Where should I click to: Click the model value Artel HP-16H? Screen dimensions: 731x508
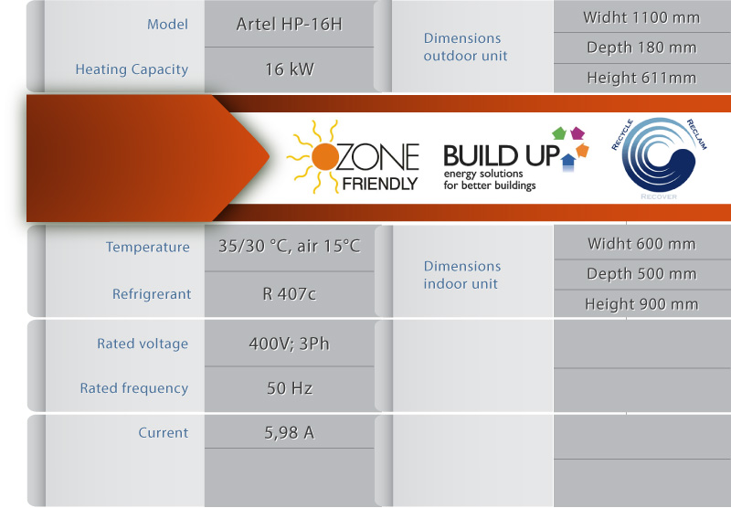click(x=289, y=25)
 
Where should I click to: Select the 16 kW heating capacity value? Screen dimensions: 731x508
click(x=290, y=69)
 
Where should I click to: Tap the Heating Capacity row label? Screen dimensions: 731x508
click(x=132, y=69)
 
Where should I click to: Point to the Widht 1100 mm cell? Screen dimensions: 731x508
click(x=641, y=17)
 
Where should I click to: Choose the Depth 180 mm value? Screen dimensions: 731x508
click(x=641, y=48)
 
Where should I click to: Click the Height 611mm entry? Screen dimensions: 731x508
click(x=641, y=78)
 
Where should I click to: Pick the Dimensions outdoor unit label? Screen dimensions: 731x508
click(x=465, y=48)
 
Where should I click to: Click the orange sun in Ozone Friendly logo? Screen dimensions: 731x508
click(x=325, y=156)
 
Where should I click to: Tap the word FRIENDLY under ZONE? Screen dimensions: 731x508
click(x=379, y=184)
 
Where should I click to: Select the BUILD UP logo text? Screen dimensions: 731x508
click(x=501, y=155)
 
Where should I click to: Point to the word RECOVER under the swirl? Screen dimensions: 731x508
click(x=659, y=196)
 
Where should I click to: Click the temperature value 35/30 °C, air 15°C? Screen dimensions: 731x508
click(x=290, y=246)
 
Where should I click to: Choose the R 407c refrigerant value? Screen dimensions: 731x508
click(x=290, y=294)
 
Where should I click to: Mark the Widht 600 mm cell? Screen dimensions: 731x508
click(x=641, y=244)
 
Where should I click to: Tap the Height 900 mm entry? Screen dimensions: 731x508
click(x=641, y=304)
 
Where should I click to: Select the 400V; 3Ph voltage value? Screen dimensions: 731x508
click(x=290, y=344)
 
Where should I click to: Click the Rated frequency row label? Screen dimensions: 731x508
click(x=134, y=388)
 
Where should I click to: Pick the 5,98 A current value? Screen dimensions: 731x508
click(x=290, y=433)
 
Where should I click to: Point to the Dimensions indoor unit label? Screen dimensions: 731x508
click(x=462, y=275)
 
